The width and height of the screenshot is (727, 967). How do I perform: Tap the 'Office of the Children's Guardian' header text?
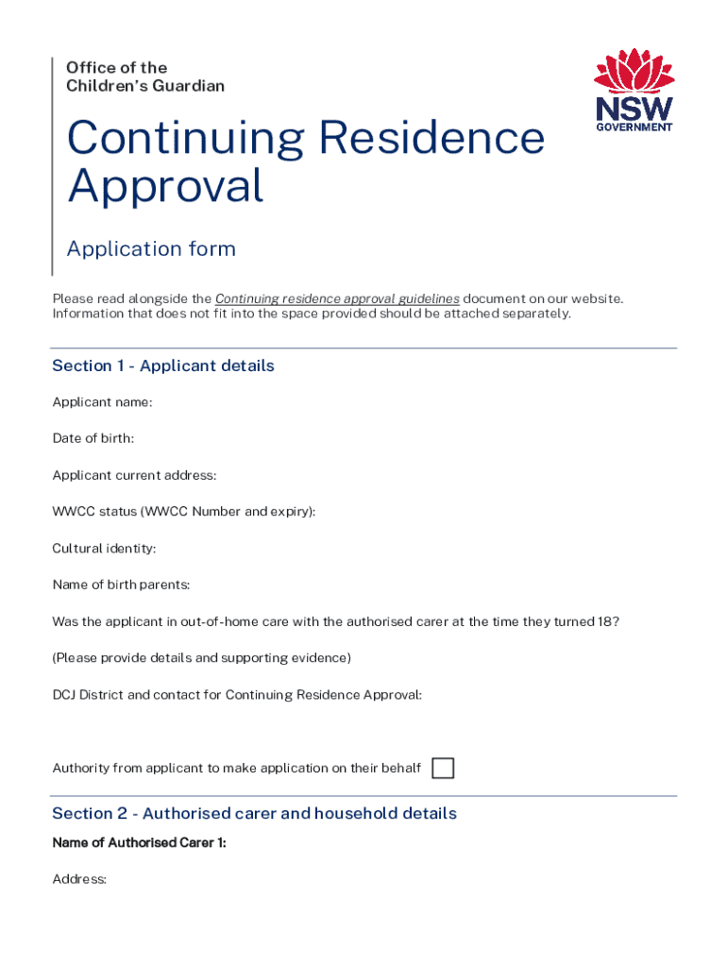coord(145,76)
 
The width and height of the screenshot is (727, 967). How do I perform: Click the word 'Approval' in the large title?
coord(165,186)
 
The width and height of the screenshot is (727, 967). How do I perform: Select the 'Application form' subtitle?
coord(151,249)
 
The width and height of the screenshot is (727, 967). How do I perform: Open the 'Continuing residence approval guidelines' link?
coord(337,298)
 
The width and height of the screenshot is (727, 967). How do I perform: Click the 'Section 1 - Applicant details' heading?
coord(163,365)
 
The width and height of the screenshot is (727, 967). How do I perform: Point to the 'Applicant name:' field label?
coord(102,402)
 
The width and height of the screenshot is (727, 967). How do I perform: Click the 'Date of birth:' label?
coord(93,438)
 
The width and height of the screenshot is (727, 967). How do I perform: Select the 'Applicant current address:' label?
coord(134,475)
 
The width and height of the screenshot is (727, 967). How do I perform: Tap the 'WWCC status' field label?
coord(184,512)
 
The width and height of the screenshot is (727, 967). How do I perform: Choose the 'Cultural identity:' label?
coord(104,548)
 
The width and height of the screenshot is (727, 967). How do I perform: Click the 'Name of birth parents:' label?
coord(121,585)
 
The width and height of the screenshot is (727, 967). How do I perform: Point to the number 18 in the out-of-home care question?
coord(606,621)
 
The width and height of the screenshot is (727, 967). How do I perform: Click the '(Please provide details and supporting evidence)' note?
coord(201,657)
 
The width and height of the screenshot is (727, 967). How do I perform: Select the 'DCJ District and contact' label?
coord(237,694)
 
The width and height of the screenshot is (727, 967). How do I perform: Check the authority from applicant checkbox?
coord(443,768)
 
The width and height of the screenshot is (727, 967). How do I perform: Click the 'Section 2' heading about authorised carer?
coord(254,813)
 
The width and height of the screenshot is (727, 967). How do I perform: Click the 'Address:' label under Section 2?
coord(79,879)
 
